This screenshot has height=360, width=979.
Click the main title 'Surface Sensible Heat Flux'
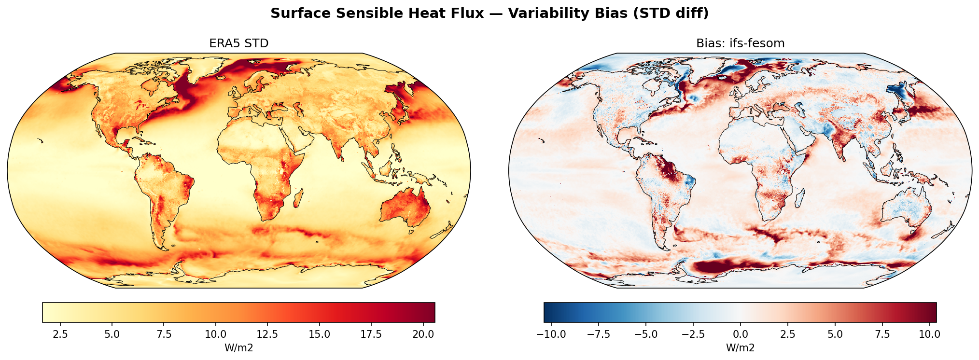pos(377,14)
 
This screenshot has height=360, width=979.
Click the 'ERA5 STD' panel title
pos(238,43)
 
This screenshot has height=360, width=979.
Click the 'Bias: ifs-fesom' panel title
pos(740,43)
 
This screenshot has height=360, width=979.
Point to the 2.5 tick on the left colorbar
pos(60,334)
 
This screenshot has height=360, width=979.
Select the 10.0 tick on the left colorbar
pos(215,334)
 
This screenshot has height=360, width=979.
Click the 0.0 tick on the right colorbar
pos(740,334)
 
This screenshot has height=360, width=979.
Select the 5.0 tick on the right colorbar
pos(835,334)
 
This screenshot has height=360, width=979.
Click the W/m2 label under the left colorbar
pos(238,347)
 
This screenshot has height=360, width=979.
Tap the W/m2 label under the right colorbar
pos(740,347)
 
